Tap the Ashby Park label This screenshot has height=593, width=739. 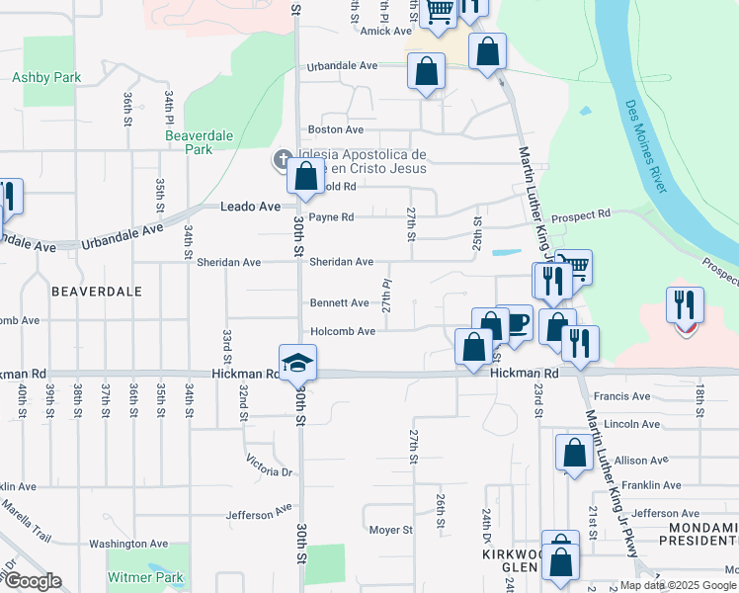(46, 77)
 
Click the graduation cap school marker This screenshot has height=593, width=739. (297, 363)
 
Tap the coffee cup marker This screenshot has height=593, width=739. (515, 322)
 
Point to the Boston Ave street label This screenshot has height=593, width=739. (336, 129)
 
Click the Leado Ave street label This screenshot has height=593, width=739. (249, 207)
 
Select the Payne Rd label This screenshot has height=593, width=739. (331, 216)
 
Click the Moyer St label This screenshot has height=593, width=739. (390, 530)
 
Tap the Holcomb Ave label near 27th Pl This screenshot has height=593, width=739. (343, 331)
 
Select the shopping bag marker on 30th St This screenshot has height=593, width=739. (306, 177)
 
